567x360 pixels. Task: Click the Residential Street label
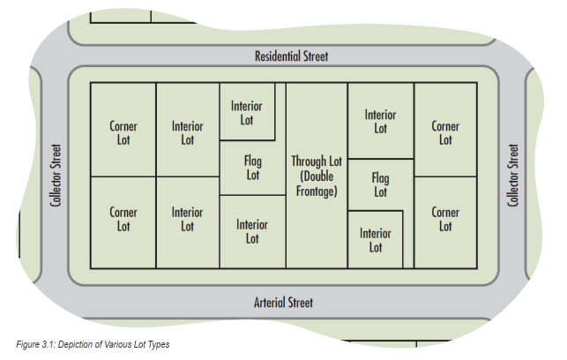pyautogui.click(x=291, y=56)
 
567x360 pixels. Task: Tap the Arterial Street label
pyautogui.click(x=283, y=303)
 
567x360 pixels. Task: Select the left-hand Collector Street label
pyautogui.click(x=56, y=176)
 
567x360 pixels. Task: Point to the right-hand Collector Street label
pyautogui.click(x=513, y=176)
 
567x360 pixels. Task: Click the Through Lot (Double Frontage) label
pyautogui.click(x=317, y=176)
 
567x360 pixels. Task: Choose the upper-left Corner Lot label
pyautogui.click(x=123, y=132)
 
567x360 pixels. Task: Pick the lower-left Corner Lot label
pyautogui.click(x=123, y=219)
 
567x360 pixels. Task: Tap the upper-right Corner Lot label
pyautogui.click(x=445, y=132)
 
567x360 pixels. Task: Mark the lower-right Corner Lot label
pyautogui.click(x=445, y=219)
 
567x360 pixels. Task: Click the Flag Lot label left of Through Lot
pyautogui.click(x=252, y=169)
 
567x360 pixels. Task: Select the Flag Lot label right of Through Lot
pyautogui.click(x=380, y=184)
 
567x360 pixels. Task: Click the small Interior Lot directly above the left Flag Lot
pyautogui.click(x=247, y=113)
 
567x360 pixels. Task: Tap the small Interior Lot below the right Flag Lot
pyautogui.click(x=376, y=240)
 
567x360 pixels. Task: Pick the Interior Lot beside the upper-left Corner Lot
pyautogui.click(x=187, y=132)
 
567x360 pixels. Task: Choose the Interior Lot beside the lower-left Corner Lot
pyautogui.click(x=187, y=219)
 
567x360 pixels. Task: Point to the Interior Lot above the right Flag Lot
pyautogui.click(x=380, y=121)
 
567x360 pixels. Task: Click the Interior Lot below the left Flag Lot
pyautogui.click(x=252, y=231)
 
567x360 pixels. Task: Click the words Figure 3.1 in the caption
pyautogui.click(x=37, y=344)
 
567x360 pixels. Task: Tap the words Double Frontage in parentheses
pyautogui.click(x=317, y=184)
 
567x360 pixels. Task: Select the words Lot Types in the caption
pyautogui.click(x=149, y=344)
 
